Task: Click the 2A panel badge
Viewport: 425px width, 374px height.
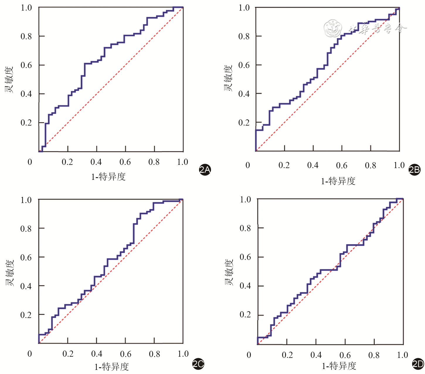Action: pos(205,170)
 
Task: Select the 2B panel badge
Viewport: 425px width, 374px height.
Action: pos(414,170)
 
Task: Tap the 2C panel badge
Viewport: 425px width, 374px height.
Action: pos(198,364)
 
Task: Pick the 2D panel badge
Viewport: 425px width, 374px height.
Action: pos(418,364)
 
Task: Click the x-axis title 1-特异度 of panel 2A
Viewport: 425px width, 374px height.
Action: pos(108,177)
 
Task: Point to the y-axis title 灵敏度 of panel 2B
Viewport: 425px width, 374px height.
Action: pos(228,78)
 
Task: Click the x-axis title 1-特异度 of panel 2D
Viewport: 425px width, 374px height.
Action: pos(339,366)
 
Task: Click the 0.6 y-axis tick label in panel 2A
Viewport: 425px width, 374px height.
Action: pos(26,65)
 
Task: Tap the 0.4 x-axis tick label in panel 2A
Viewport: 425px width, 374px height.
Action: pos(96,162)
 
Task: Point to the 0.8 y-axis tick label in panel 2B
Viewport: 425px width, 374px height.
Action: pos(244,36)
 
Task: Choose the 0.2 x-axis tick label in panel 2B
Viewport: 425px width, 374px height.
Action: pos(284,165)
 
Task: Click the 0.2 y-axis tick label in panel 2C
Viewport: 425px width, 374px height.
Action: pos(26,315)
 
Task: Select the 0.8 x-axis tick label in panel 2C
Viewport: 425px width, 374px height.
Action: pos(154,354)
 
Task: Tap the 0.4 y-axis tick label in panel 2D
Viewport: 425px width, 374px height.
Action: pos(245,286)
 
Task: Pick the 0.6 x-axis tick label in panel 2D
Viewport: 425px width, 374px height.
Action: pos(345,355)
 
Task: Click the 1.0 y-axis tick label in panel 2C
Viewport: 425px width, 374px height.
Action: pos(26,200)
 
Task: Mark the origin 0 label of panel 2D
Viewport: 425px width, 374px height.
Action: pos(249,355)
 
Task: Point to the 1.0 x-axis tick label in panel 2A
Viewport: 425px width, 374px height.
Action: pos(183,162)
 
